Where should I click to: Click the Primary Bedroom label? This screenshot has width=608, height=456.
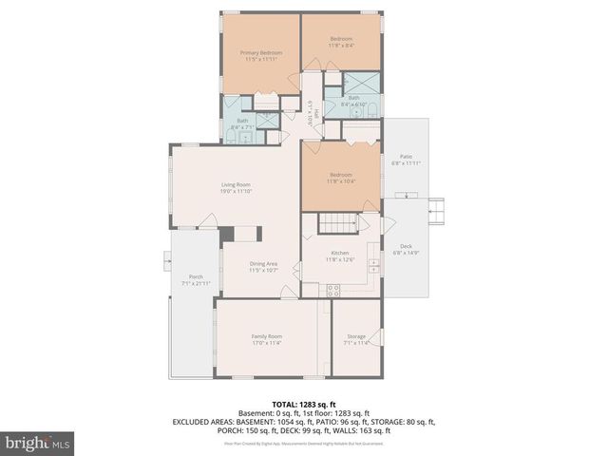[x=256, y=56]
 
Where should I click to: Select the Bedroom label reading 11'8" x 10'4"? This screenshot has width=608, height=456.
[x=339, y=178]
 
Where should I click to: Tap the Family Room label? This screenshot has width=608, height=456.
[x=265, y=340]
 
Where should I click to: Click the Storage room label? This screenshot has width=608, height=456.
[x=356, y=340]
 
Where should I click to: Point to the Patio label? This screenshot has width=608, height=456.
[x=405, y=160]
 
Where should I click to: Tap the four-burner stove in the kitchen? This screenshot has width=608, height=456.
[x=333, y=290]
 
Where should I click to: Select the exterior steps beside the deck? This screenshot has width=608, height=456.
[x=438, y=209]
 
